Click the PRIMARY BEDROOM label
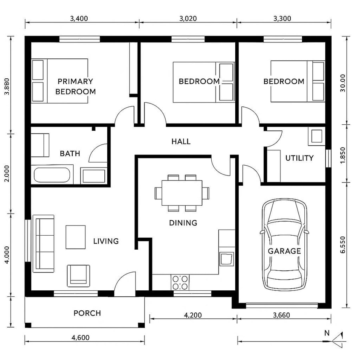(76, 86)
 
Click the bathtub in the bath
(52, 175)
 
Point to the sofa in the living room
(43, 243)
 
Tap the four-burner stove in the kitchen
(180, 282)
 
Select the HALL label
(181, 142)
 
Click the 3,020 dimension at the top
(188, 18)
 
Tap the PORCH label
(87, 313)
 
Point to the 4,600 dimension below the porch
(80, 338)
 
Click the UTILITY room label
(299, 158)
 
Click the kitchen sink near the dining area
(226, 258)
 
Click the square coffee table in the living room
(76, 237)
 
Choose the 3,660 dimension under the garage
(281, 315)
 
